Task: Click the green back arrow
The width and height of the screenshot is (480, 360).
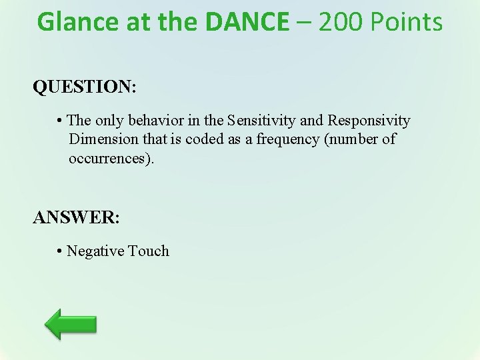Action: click(x=71, y=324)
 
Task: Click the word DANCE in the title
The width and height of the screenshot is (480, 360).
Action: click(x=247, y=22)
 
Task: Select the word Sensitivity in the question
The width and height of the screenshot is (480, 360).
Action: click(x=262, y=121)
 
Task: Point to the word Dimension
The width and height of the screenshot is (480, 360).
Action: click(x=102, y=139)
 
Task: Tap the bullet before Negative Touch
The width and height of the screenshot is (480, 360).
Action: click(x=59, y=252)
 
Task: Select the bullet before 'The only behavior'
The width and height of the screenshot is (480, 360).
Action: click(x=59, y=121)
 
